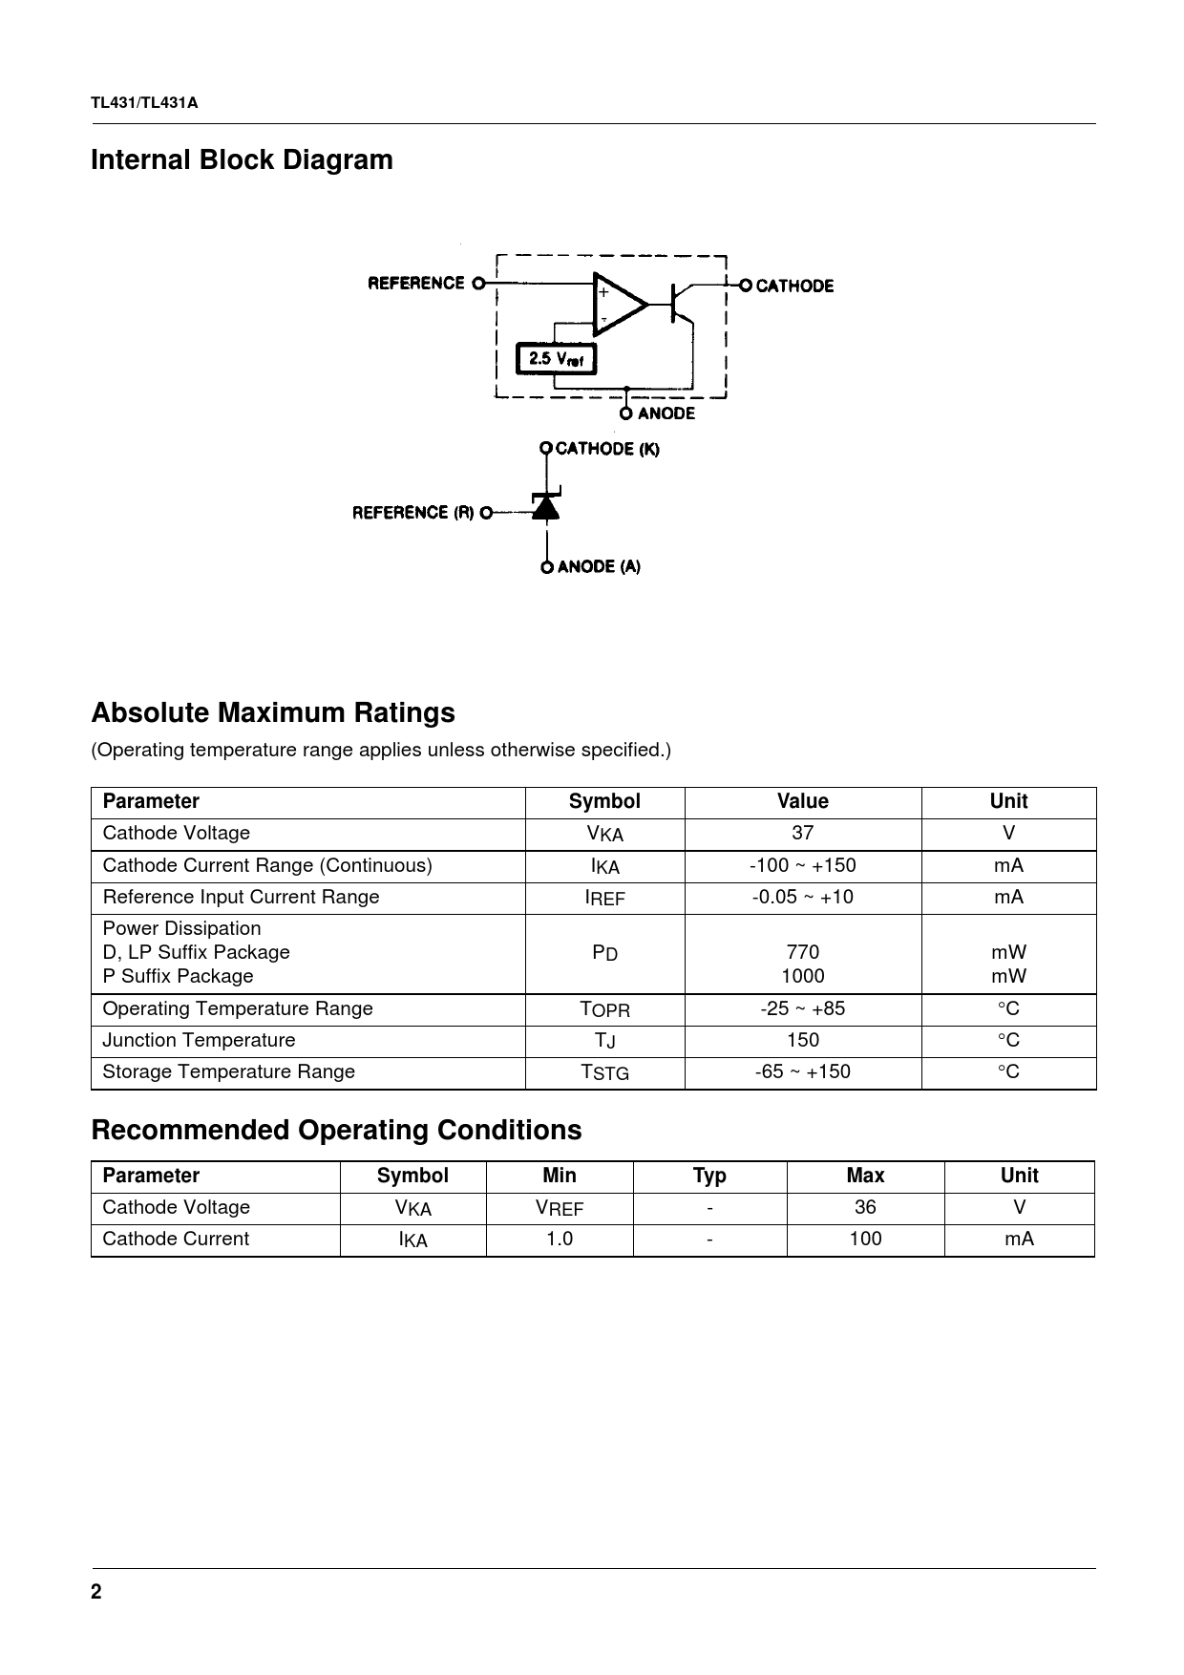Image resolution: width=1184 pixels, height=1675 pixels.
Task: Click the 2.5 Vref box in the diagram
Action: pyautogui.click(x=556, y=359)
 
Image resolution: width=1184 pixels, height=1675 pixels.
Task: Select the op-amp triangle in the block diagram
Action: pyautogui.click(x=618, y=305)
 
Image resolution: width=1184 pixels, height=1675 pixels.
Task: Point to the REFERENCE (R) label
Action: pyautogui.click(x=413, y=513)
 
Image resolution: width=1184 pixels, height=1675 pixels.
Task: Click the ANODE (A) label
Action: pyautogui.click(x=599, y=566)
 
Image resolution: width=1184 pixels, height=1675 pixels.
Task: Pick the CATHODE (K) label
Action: pyautogui.click(x=607, y=449)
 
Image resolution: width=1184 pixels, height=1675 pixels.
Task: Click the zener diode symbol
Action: pyautogui.click(x=546, y=507)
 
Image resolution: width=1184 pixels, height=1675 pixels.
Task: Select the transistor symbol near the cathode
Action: pyautogui.click(x=680, y=304)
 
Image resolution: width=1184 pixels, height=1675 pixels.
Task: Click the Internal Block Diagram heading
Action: pyautogui.click(x=242, y=159)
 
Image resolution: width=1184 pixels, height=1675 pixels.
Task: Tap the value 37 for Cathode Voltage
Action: pyautogui.click(x=802, y=833)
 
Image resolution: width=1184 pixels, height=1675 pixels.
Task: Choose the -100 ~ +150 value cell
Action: pyautogui.click(x=802, y=865)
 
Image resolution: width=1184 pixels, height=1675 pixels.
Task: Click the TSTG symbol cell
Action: pyautogui.click(x=604, y=1072)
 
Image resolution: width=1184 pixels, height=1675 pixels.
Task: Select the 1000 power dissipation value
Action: pyautogui.click(x=802, y=976)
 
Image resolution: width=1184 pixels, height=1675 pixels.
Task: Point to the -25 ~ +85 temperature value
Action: pyautogui.click(x=802, y=1008)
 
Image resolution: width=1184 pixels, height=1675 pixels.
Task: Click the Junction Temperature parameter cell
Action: pyautogui.click(x=199, y=1040)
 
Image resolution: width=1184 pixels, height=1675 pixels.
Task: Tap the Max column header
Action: pyautogui.click(x=865, y=1176)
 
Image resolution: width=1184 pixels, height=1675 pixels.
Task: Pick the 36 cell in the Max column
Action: pyautogui.click(x=865, y=1207)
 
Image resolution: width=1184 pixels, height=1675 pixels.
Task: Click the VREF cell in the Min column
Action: pyautogui.click(x=559, y=1208)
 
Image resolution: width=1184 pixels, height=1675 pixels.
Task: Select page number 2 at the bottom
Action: pyautogui.click(x=95, y=1592)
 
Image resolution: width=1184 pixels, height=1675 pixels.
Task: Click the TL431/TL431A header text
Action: pyautogui.click(x=144, y=103)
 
